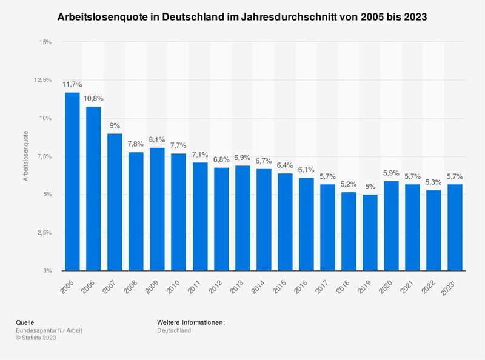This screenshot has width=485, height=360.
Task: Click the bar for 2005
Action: [x=72, y=181]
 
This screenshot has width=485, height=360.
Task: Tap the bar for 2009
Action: [x=157, y=209]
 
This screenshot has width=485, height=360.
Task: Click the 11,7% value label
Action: [x=72, y=84]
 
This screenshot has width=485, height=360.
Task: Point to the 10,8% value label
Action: [x=93, y=98]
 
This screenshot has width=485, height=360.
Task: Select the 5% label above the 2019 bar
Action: [x=370, y=187]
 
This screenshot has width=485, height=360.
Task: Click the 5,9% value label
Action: [x=391, y=173]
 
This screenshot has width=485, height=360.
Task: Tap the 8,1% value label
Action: [x=157, y=139]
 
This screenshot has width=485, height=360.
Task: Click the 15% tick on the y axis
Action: [x=45, y=42]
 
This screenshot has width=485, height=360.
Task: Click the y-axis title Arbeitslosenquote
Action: [x=26, y=156]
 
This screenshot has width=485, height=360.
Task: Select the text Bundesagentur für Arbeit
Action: [x=50, y=330]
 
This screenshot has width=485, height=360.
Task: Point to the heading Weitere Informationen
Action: [x=190, y=322]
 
